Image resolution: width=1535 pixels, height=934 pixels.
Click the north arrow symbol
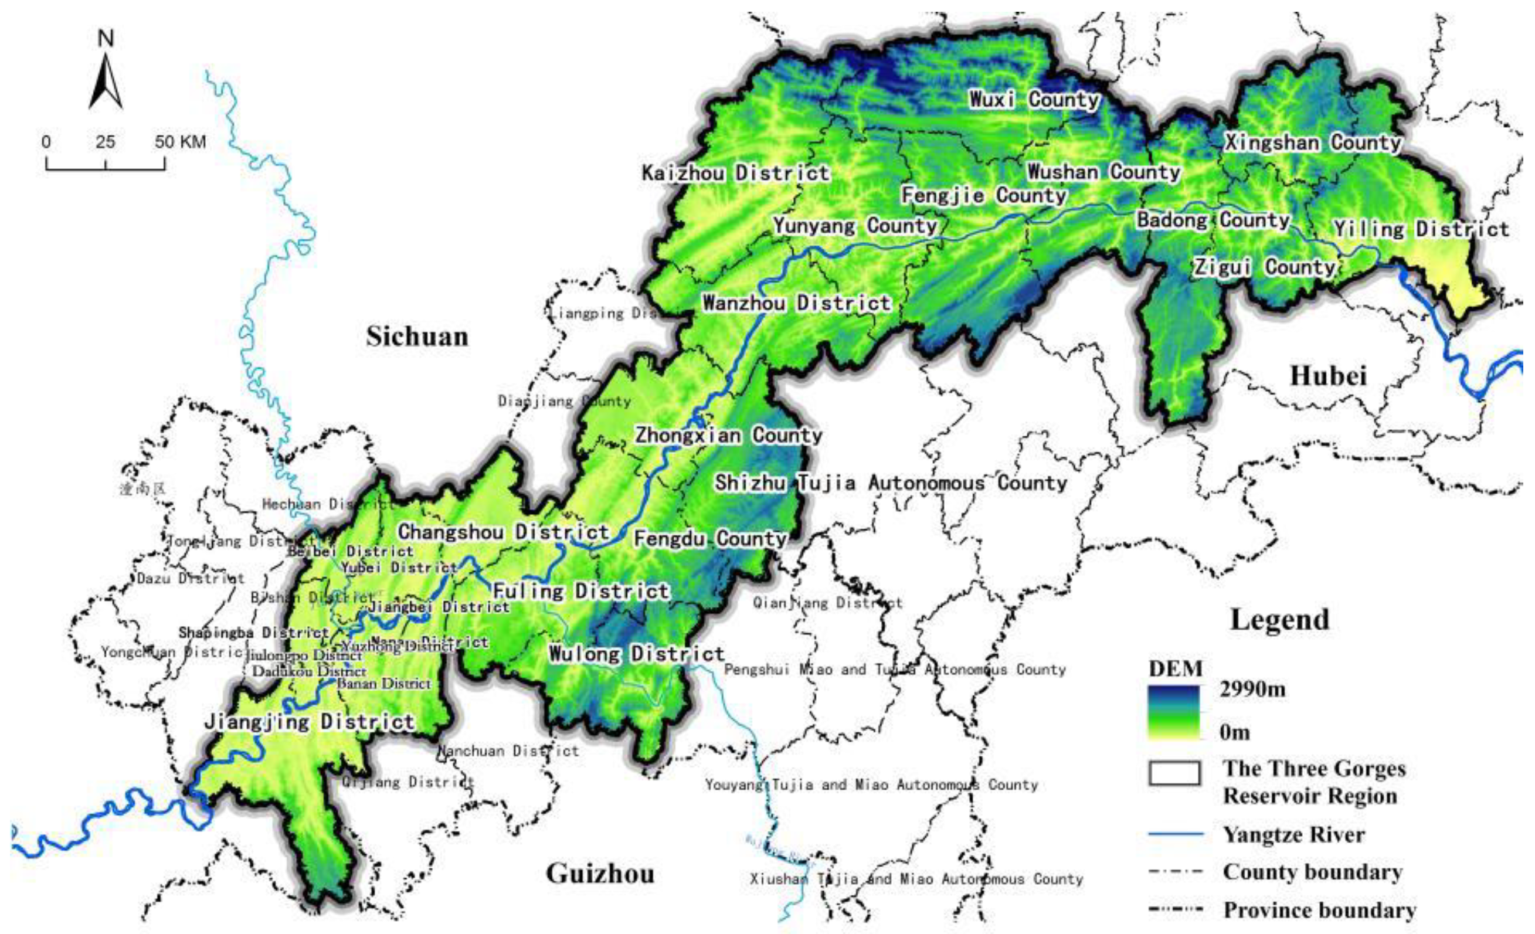(106, 81)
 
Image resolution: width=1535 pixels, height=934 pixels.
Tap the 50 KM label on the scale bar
(180, 142)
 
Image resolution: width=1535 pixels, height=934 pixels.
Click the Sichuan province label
(417, 337)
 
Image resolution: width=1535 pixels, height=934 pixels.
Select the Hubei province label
(1328, 376)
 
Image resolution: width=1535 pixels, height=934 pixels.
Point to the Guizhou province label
(600, 874)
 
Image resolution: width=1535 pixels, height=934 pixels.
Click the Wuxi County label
(1034, 99)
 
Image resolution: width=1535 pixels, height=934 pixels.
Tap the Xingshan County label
(1313, 142)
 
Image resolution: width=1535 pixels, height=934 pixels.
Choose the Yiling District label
(1420, 229)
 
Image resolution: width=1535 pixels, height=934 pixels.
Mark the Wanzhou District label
(797, 304)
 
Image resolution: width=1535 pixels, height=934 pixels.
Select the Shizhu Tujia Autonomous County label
(891, 483)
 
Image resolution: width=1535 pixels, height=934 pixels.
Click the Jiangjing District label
(310, 722)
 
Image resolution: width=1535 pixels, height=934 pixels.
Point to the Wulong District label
(636, 654)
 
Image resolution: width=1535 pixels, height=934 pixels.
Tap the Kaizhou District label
(736, 173)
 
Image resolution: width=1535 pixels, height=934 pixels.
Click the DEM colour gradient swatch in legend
(1174, 712)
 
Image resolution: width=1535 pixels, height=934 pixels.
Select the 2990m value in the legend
(1252, 689)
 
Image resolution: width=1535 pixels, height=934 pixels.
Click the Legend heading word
(1279, 620)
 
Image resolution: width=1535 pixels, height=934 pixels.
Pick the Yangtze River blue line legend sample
(1176, 834)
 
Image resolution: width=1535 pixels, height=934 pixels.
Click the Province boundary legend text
(1319, 910)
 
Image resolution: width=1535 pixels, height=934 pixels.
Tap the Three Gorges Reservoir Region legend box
(1174, 773)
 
